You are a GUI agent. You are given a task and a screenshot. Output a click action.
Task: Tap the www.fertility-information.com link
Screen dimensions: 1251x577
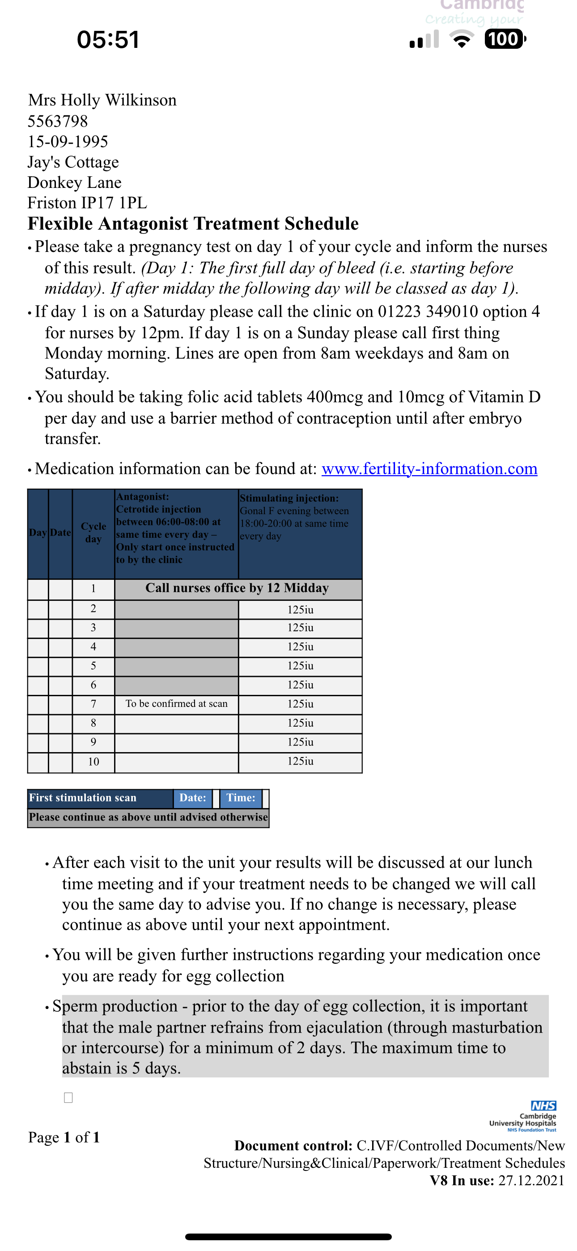[x=429, y=468]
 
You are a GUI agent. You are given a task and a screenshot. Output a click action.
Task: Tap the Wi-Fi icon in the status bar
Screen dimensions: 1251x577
[x=462, y=39]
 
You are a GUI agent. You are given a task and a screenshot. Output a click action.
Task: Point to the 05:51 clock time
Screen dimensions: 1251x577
[x=108, y=40]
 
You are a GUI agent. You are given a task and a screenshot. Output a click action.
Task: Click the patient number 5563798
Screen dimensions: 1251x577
[x=58, y=121]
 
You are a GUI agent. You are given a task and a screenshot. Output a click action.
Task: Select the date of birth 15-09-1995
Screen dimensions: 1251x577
[x=68, y=141]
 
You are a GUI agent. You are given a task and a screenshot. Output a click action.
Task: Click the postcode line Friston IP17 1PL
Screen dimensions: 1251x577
[x=87, y=203]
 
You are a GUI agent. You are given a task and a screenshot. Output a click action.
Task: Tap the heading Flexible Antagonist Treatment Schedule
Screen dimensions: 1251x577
[x=193, y=224]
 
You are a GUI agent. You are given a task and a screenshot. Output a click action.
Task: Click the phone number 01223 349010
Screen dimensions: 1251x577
[x=435, y=311]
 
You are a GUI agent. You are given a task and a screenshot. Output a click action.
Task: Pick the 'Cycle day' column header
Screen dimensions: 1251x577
[x=93, y=533]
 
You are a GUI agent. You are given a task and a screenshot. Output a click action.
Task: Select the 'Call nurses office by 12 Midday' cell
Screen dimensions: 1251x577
[x=238, y=588]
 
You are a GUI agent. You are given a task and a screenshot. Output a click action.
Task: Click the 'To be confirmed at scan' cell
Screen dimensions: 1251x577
[x=176, y=704]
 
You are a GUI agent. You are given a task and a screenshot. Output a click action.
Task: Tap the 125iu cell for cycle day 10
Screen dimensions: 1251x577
[x=300, y=762]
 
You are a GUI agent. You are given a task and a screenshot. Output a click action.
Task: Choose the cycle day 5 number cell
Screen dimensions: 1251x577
[x=93, y=666]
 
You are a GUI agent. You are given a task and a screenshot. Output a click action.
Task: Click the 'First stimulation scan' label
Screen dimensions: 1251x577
[x=83, y=798]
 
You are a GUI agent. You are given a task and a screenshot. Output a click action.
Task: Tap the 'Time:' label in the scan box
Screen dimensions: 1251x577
[x=241, y=798]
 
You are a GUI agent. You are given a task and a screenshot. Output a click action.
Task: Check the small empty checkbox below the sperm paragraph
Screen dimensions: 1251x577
[x=68, y=1098]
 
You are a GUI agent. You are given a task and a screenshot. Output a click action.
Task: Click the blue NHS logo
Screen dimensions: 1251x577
[x=543, y=1106]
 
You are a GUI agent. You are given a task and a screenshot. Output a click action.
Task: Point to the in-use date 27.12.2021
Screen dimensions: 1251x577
[x=531, y=1181]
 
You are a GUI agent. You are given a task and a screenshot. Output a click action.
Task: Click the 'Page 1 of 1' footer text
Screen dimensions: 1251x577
[x=64, y=1137]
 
